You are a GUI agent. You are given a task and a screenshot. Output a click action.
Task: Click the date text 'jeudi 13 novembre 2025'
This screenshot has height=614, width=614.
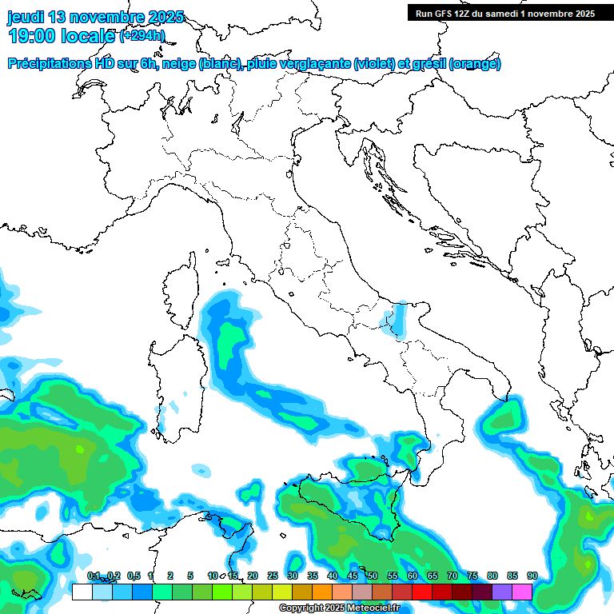click(x=95, y=17)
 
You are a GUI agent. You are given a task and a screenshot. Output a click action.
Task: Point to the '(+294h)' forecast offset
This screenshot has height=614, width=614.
click(x=142, y=36)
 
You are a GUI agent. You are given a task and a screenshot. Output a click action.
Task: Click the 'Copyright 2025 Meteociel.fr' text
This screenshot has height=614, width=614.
click(x=349, y=608)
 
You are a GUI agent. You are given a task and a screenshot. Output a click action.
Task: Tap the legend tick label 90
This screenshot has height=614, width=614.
click(x=532, y=576)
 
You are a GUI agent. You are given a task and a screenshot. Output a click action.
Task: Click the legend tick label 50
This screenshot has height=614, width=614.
click(x=373, y=576)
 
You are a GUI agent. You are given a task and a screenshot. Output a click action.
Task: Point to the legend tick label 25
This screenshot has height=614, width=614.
click(x=273, y=576)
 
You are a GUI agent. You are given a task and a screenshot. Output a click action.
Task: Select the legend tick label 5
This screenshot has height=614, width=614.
click(x=190, y=576)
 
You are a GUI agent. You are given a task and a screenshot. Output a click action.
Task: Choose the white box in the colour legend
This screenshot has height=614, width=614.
click(x=82, y=592)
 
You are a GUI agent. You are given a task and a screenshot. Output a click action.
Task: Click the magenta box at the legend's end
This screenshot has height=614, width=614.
click(x=522, y=592)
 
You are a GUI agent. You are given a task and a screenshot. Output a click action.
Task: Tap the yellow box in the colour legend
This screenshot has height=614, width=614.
click(x=282, y=592)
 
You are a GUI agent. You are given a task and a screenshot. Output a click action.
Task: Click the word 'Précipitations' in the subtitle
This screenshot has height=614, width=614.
click(x=47, y=64)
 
